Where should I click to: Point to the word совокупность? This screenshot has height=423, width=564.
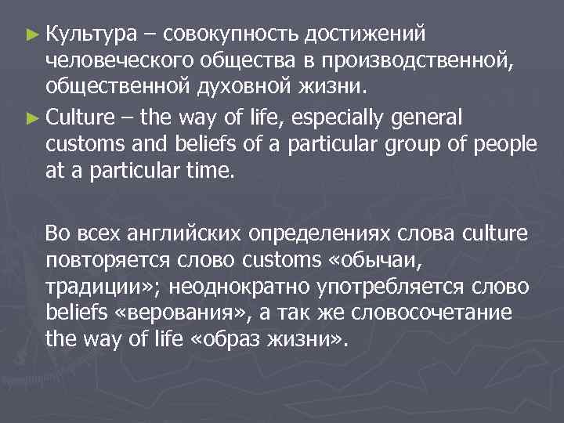pos(231,34)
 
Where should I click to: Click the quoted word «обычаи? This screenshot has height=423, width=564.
pos(380,261)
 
